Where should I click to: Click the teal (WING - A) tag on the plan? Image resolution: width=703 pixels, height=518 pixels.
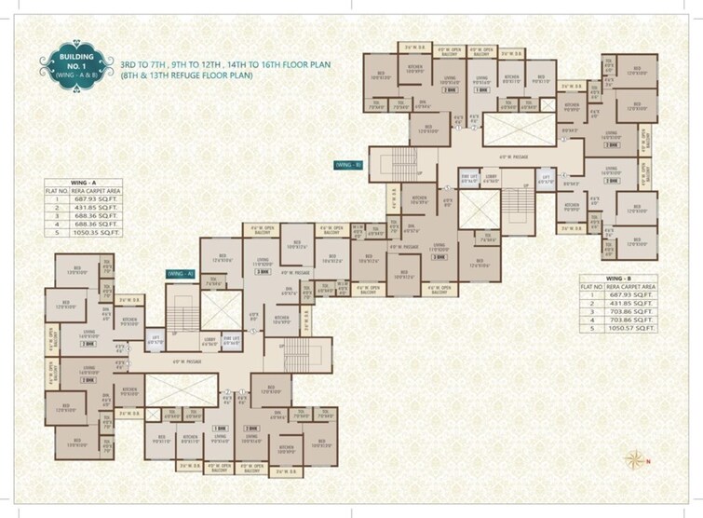tap(180, 274)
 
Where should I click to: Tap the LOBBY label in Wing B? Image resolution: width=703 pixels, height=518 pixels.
tap(492, 174)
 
